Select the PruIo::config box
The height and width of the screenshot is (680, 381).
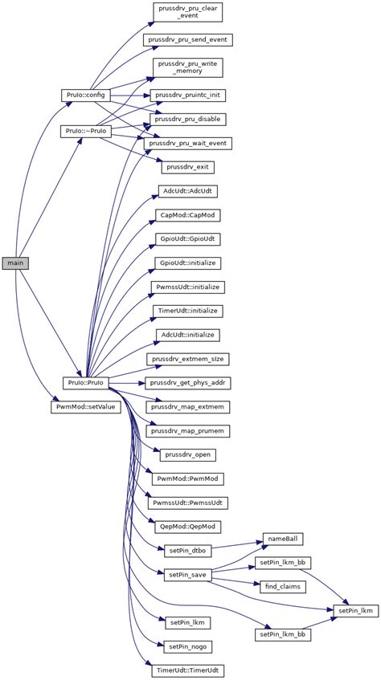coord(83,95)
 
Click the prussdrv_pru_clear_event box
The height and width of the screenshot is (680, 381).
coord(188,11)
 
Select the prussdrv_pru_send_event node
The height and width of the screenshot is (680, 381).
coord(188,39)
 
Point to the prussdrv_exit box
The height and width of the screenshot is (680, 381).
coord(188,167)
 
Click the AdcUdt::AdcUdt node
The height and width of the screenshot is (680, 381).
coord(188,191)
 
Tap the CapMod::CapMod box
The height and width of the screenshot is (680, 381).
coord(188,215)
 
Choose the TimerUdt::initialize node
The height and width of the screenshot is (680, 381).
coord(188,310)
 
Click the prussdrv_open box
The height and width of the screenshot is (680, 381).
coord(188,454)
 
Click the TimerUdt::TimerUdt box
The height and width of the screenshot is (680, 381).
coord(188,669)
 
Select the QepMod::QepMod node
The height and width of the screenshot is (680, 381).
coord(188,526)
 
